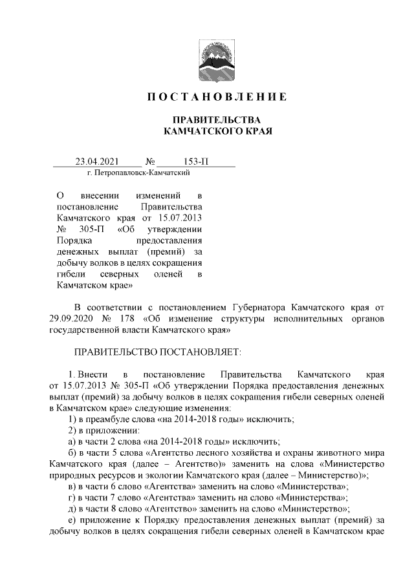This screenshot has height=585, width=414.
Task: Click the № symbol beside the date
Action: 150,162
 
